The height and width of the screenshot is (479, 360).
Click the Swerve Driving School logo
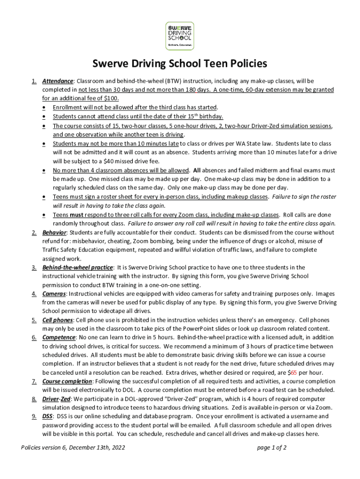click(180, 36)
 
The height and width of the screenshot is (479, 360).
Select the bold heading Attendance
click(58, 81)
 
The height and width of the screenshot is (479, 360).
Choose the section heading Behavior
click(54, 232)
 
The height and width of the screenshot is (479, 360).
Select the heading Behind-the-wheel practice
click(77, 268)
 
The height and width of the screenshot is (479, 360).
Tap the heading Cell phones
click(58, 320)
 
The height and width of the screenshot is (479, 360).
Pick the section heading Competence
click(59, 337)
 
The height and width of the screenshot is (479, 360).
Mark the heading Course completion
click(66, 381)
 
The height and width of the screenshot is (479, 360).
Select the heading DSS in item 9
click(48, 416)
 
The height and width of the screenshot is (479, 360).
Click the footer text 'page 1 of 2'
click(272, 447)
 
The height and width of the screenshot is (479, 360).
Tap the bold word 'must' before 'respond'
click(77, 215)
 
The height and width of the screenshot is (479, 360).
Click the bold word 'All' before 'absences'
click(198, 170)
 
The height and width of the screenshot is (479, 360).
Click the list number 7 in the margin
click(34, 381)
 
